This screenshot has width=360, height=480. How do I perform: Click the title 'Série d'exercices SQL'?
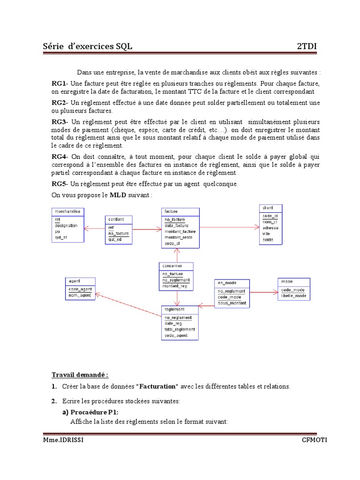(x=87, y=46)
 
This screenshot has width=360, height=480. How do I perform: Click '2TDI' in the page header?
(x=307, y=46)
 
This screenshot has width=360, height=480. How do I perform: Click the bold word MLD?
(x=118, y=195)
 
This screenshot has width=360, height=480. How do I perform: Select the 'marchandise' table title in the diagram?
(x=67, y=211)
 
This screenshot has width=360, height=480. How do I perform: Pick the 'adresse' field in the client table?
(x=270, y=227)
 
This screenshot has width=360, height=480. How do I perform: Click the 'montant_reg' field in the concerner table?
(x=175, y=285)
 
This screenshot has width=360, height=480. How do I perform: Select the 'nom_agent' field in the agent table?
(x=79, y=295)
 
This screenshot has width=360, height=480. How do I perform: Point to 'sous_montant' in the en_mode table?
(x=232, y=303)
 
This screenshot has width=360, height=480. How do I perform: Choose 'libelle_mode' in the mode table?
(x=294, y=296)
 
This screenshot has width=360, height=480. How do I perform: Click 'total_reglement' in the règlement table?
(x=180, y=329)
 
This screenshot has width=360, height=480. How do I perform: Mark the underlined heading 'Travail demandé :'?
(x=80, y=375)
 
